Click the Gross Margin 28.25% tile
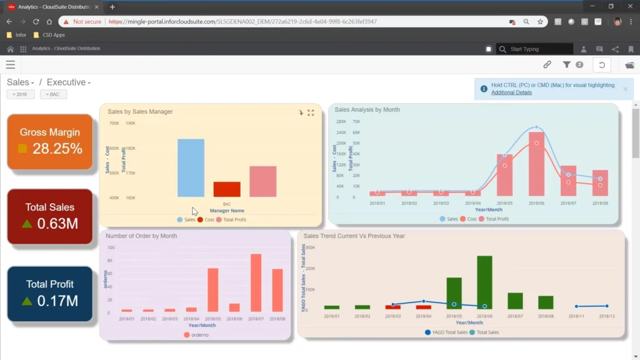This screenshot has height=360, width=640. [50, 141]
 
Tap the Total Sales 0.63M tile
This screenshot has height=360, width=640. [50, 216]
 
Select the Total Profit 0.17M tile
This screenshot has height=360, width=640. [50, 293]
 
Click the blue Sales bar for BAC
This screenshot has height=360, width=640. [191, 167]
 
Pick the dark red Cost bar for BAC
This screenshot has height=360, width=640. [227, 189]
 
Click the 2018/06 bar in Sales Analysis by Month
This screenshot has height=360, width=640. [536, 164]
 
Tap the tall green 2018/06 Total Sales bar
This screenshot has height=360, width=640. [484, 282]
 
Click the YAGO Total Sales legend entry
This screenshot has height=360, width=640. [446, 332]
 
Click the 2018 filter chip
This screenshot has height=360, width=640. [21, 94]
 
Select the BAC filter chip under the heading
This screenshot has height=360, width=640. [53, 94]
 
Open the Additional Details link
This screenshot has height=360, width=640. [511, 92]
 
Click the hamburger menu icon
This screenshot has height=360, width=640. [11, 64]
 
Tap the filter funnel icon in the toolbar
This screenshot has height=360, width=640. [567, 64]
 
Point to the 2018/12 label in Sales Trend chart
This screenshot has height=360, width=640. [606, 316]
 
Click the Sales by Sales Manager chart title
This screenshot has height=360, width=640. [140, 112]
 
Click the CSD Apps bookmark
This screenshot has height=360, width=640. [54, 35]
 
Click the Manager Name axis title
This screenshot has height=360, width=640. [227, 211]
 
